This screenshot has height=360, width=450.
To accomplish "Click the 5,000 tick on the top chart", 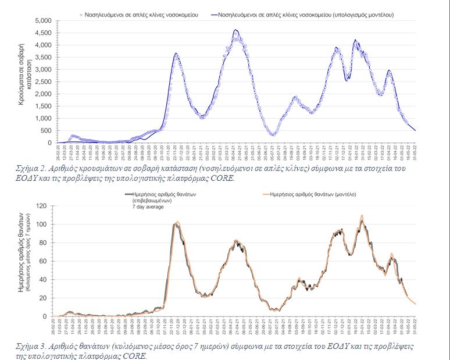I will (43, 20).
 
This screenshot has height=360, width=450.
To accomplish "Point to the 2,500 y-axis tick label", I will (43, 81).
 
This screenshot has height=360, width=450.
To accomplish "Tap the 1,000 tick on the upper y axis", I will (43, 118).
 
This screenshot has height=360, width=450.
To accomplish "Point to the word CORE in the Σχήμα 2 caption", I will (221, 178).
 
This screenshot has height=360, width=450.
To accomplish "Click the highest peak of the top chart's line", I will (235, 30).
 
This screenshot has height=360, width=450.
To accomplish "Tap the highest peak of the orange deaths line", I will (362, 215).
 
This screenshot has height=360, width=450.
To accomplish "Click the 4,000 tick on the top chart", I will (43, 45).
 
